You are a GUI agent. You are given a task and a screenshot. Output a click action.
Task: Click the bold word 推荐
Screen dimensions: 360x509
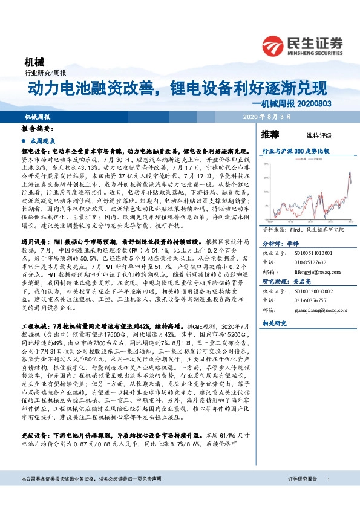click(x=270, y=134)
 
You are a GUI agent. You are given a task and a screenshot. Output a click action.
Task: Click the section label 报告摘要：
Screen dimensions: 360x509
click(x=36, y=129)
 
